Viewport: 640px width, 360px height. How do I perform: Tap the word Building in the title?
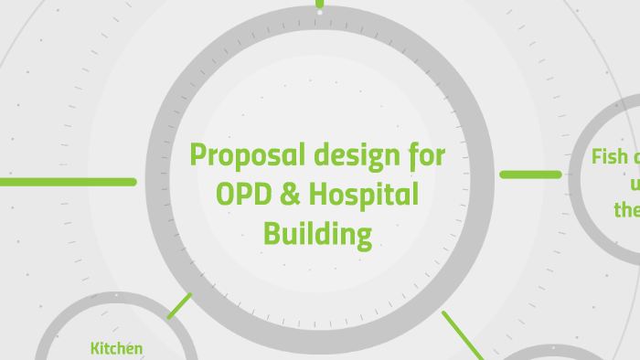coord(317,235)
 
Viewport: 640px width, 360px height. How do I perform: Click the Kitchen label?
coord(116,348)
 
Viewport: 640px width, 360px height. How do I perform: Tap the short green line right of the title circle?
coord(530,174)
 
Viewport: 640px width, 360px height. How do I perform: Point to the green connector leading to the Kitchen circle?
coord(179,305)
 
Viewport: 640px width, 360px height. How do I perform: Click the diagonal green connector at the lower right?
coord(464,334)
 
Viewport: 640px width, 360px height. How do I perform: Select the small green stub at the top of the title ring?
coord(319,4)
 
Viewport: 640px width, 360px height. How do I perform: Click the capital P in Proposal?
coord(198,156)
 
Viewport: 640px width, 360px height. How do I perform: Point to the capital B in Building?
coord(272,234)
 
